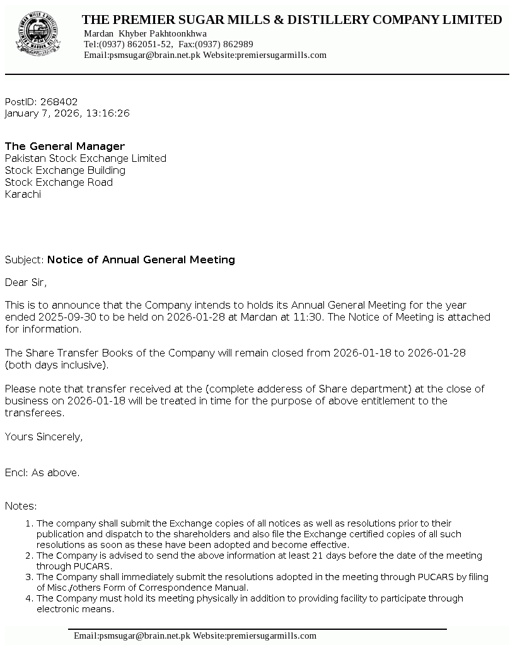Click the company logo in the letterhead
point(38,36)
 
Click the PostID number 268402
point(59,101)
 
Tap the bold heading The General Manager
point(65,146)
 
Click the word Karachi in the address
point(23,194)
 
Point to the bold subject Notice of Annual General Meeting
point(141,259)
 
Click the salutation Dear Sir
point(26,282)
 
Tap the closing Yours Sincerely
point(43,436)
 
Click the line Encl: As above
point(42,472)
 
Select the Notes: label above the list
point(21,506)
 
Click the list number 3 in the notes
point(29,577)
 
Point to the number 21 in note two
point(357,556)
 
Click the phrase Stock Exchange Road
point(59,182)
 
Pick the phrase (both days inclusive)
point(57,365)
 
